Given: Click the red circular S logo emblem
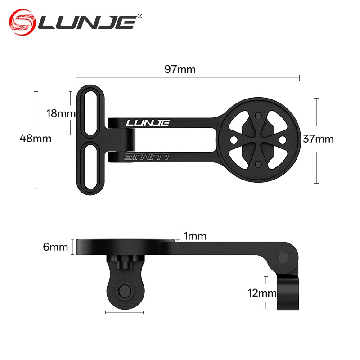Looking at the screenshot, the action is [x=22, y=22].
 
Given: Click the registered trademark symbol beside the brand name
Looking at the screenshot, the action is [x=139, y=16].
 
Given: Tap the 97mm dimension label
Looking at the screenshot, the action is [x=180, y=69].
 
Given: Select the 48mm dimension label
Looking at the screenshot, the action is [x=36, y=139].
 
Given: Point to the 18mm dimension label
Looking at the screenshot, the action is [x=61, y=113].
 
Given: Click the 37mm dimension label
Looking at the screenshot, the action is [x=318, y=139].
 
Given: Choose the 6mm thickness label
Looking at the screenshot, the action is [x=55, y=247].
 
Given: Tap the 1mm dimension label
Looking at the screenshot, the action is [x=195, y=236].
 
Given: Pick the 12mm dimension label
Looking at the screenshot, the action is [x=262, y=293].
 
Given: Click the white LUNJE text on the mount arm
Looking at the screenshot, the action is [x=148, y=123].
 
